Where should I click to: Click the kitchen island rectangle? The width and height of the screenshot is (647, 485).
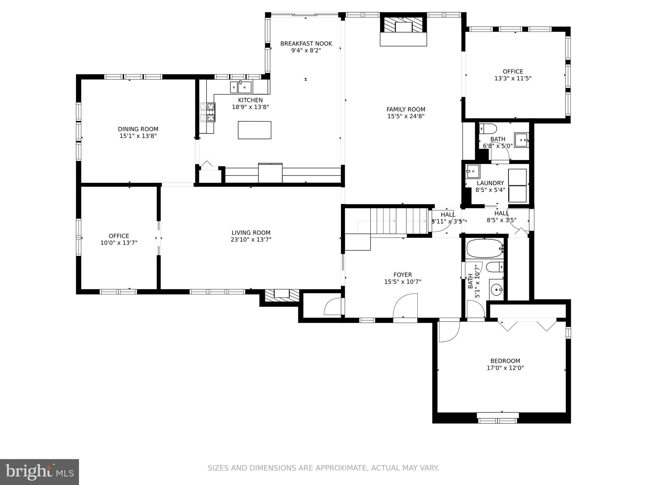[254, 130]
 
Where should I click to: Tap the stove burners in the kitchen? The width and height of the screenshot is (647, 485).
[207, 112]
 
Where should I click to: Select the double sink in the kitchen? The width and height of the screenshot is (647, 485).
[241, 87]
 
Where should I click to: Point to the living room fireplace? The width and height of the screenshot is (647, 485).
[281, 294]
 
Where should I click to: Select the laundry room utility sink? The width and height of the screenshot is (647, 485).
[473, 171]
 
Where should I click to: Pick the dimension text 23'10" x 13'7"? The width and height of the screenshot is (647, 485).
[251, 240]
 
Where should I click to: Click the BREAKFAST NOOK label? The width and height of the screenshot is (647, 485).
[306, 44]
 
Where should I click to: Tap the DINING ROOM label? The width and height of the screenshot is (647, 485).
[138, 129]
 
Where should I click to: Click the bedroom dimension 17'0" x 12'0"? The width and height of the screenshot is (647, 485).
[505, 368]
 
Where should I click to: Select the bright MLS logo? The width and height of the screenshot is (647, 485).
[39, 472]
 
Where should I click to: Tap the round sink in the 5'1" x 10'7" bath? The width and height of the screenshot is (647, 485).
[497, 289]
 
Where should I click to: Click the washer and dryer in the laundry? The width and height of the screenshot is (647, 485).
[517, 185]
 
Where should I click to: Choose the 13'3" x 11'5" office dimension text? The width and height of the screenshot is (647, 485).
[513, 78]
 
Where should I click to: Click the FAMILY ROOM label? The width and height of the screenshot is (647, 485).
[406, 109]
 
